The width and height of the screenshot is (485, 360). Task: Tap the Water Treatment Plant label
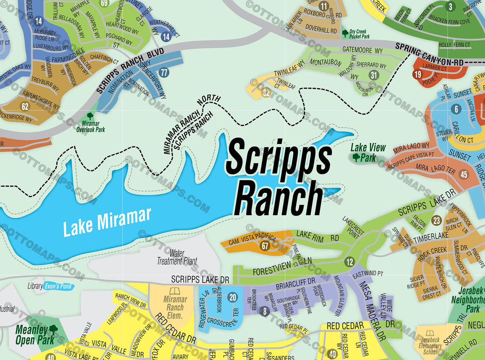pos(177,257)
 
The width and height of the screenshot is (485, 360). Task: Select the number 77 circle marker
pos(164,72)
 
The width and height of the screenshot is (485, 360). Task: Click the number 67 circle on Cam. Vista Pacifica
pos(265,245)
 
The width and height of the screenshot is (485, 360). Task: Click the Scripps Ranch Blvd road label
pos(130,70)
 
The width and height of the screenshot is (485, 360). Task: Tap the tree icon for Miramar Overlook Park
pos(90,117)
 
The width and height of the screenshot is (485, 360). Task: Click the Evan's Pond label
pos(59,287)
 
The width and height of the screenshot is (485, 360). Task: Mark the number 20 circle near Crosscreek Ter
pos(232,297)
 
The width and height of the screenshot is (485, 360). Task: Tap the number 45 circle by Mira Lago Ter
pos(464,175)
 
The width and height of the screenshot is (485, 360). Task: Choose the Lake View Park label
pos(368,153)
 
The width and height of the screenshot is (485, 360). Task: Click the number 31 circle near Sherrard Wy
pos(374,75)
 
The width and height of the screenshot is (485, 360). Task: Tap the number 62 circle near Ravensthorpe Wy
pos(25,107)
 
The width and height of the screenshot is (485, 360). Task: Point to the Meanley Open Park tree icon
pos(53,328)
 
